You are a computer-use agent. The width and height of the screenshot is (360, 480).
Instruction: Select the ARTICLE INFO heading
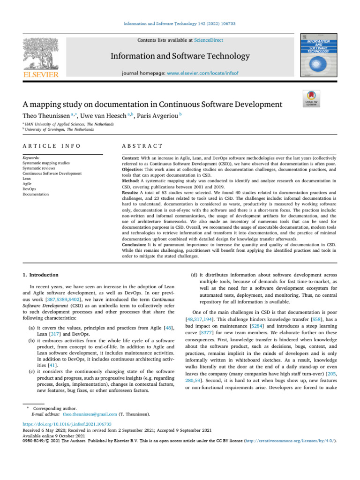(x=51, y=146)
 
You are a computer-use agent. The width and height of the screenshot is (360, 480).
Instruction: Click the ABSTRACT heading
(x=142, y=146)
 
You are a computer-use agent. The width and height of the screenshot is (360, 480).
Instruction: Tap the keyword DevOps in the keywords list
(x=30, y=188)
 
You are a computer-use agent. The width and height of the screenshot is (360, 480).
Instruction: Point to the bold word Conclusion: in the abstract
(x=136, y=244)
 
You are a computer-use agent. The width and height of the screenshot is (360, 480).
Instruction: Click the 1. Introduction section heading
(x=42, y=275)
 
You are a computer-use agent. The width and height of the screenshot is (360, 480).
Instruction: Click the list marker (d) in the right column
(x=192, y=275)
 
